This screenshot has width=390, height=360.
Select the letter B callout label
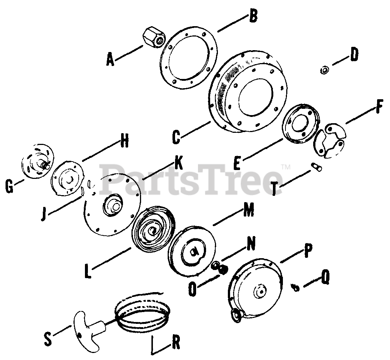pos(252,17)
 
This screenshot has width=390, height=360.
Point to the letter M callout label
pos(248,211)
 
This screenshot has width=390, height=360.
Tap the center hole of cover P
pos(261,291)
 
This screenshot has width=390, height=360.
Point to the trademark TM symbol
pos(286,167)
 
